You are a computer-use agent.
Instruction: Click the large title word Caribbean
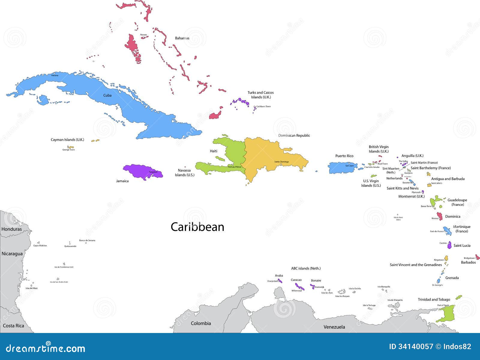(197, 227)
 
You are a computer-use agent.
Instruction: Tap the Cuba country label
(107, 95)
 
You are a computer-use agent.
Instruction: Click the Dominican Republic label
(294, 136)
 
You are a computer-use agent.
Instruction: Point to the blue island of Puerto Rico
(342, 168)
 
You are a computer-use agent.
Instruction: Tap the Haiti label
(214, 151)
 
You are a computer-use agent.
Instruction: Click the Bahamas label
(182, 38)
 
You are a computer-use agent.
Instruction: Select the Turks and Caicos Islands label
(261, 95)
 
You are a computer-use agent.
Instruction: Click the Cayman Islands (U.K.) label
(67, 140)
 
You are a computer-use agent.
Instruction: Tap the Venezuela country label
(334, 327)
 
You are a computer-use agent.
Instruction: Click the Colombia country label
(201, 323)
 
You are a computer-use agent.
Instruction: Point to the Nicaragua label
(12, 254)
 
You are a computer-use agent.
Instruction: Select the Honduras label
(12, 229)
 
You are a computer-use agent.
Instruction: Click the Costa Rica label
(13, 326)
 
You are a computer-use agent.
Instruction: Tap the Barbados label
(468, 262)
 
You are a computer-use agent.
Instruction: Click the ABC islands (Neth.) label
(306, 268)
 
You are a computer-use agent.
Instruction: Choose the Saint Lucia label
(462, 246)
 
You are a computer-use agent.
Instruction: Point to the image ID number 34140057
(415, 347)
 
